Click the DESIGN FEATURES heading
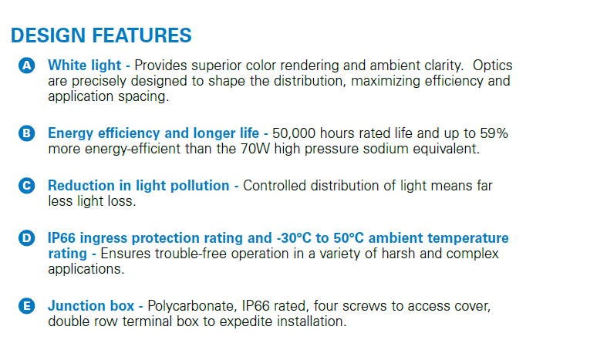tap(101, 35)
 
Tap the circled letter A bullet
tap(27, 66)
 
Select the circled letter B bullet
tap(27, 133)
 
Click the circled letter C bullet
tap(27, 186)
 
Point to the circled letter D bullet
tap(27, 237)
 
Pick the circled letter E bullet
tap(27, 306)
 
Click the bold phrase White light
tap(84, 66)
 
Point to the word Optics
tap(492, 66)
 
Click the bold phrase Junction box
tap(91, 306)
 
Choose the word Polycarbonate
tap(192, 306)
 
